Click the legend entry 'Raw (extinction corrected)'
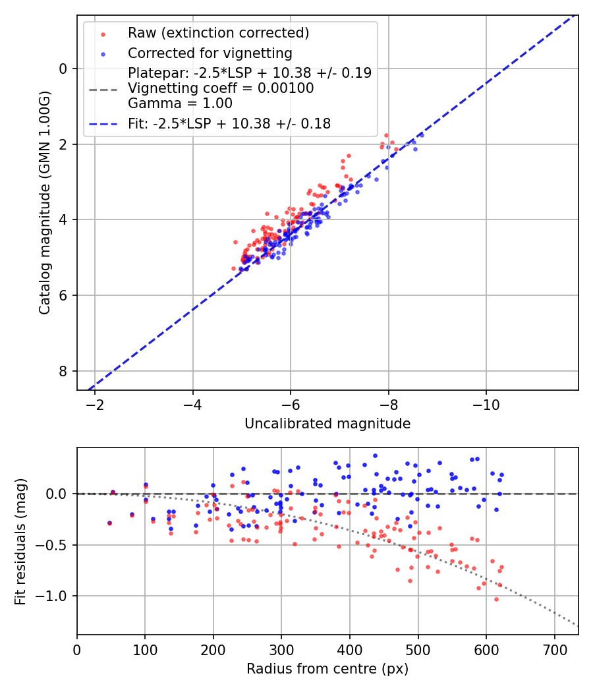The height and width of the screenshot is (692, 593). (218, 33)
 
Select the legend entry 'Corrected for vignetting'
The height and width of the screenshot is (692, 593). (210, 53)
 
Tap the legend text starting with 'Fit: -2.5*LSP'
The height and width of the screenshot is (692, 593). (229, 123)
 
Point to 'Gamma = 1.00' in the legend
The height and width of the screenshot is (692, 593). (180, 103)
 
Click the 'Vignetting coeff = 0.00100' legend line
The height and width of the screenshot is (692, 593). (221, 88)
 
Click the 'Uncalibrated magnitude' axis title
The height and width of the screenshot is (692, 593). (327, 424)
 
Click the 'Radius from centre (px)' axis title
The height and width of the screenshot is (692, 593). (327, 669)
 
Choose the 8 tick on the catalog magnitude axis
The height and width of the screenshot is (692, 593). (64, 371)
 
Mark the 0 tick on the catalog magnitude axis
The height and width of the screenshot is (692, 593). (64, 69)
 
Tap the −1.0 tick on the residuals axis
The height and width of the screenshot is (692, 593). (56, 596)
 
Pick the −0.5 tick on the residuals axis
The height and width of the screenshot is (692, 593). (56, 545)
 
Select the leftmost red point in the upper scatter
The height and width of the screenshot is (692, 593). (233, 268)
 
